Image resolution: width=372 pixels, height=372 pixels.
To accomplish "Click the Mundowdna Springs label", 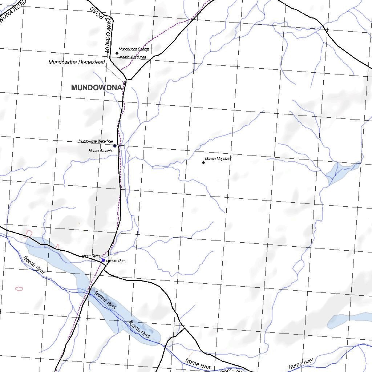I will [x=134, y=49].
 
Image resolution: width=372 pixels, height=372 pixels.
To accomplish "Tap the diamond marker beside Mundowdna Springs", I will [x=117, y=53].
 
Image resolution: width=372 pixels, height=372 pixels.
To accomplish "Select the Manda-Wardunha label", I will [x=133, y=57].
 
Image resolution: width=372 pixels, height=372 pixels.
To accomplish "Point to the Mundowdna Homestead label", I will [x=77, y=62].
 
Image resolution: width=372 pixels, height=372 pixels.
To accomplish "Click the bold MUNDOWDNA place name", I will [x=96, y=88].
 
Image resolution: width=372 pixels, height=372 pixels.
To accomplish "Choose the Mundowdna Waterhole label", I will [x=96, y=141].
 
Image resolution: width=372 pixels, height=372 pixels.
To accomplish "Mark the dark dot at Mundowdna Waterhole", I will [x=115, y=146].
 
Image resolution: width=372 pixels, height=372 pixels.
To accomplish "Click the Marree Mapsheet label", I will [x=218, y=159].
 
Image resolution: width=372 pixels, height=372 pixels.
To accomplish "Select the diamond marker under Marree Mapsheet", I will [x=203, y=163].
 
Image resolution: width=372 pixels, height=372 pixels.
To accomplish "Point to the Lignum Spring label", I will [x=90, y=256].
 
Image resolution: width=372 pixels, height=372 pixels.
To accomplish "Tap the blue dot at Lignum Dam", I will [x=103, y=260].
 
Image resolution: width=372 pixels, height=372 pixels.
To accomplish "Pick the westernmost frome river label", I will [x=34, y=265].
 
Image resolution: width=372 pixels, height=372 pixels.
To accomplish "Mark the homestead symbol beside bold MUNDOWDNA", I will [x=125, y=83].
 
